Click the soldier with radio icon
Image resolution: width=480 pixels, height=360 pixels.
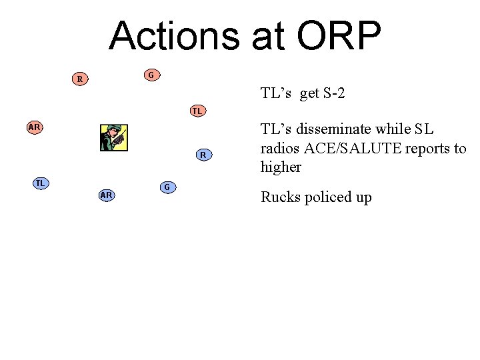click(113, 138)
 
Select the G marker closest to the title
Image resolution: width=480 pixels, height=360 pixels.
click(151, 75)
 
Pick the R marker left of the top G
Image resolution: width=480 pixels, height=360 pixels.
click(80, 79)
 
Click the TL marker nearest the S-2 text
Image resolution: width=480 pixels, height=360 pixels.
click(197, 111)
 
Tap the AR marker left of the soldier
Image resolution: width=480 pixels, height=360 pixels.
click(35, 127)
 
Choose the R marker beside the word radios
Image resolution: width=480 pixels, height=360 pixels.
click(203, 155)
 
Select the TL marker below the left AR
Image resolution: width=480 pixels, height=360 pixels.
click(41, 183)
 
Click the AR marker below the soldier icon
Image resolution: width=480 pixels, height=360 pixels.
click(106, 195)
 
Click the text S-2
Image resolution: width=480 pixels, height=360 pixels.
click(334, 93)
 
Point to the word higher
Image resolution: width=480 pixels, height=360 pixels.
click(281, 167)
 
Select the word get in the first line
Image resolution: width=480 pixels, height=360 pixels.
click(309, 93)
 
